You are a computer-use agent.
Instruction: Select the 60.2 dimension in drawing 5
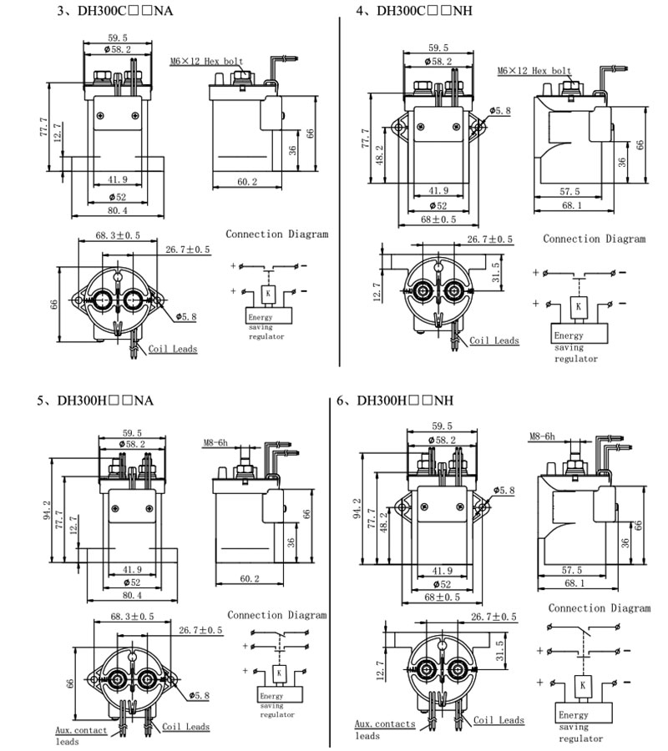(248, 577)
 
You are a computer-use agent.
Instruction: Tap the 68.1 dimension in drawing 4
(571, 205)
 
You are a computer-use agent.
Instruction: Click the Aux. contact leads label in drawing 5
(75, 735)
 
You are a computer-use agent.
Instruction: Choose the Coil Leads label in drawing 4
(494, 340)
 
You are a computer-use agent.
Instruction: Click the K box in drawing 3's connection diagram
(266, 295)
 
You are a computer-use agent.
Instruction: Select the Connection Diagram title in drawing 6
(598, 608)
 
